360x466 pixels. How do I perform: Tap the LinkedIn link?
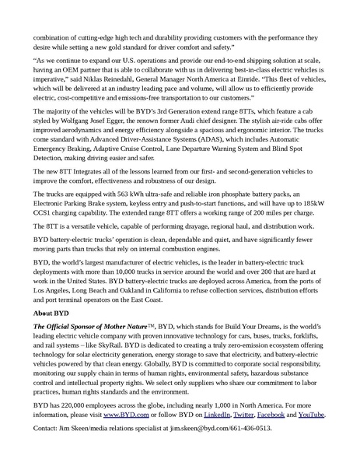[223, 415]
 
